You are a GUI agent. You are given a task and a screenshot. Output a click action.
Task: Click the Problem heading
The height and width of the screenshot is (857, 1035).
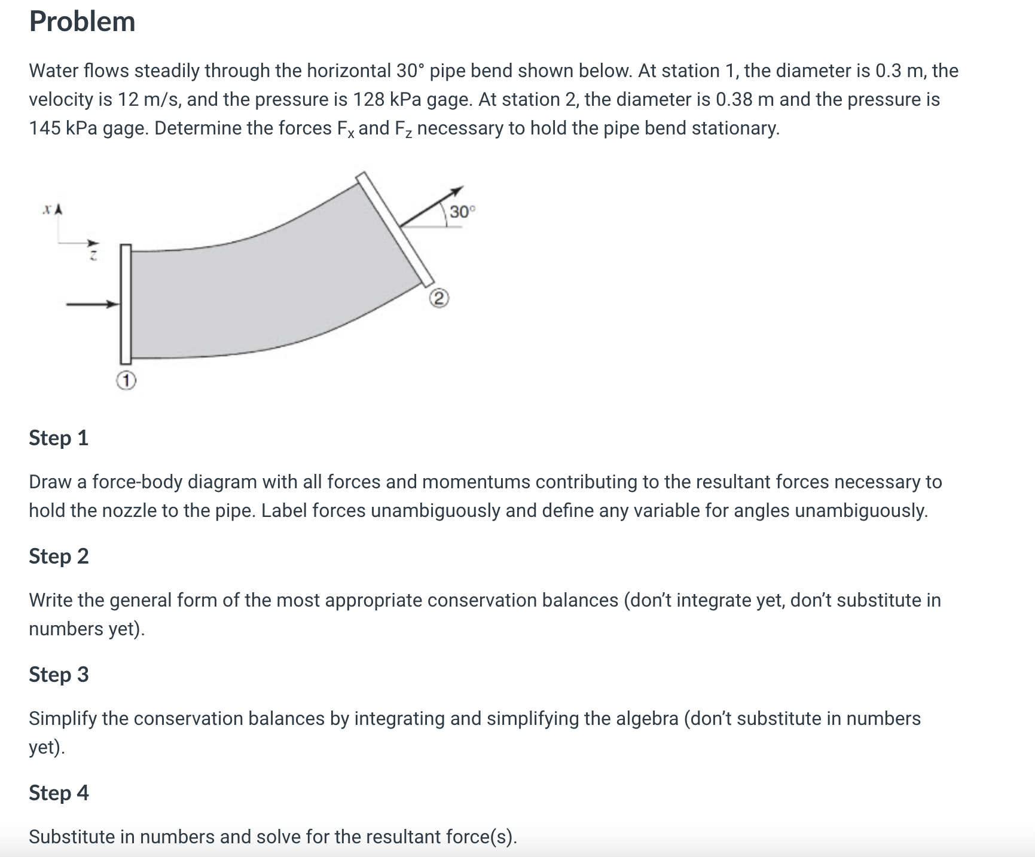83,22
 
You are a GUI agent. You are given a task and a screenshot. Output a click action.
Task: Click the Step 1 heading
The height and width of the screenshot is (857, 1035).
59,438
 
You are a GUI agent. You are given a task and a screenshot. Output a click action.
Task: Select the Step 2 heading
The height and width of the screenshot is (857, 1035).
59,556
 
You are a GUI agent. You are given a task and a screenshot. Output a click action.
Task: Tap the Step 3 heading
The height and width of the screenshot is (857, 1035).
59,675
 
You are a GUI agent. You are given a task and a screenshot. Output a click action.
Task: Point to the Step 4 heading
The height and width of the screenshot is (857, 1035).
59,793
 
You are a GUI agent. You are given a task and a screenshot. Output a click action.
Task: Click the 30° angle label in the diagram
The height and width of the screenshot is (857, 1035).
462,212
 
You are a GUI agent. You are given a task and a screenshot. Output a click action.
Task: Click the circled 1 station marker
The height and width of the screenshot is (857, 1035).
126,380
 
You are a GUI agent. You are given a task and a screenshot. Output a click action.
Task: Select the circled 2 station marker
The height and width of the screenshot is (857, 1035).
438,298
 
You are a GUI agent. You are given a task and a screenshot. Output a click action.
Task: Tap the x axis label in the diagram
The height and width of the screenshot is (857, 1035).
46,210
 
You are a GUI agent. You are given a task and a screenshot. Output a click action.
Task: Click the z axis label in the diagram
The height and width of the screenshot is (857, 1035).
93,256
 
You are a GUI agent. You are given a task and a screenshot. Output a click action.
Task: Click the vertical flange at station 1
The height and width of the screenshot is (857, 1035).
126,304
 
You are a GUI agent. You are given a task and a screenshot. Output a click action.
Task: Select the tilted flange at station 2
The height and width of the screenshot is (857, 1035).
395,228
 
